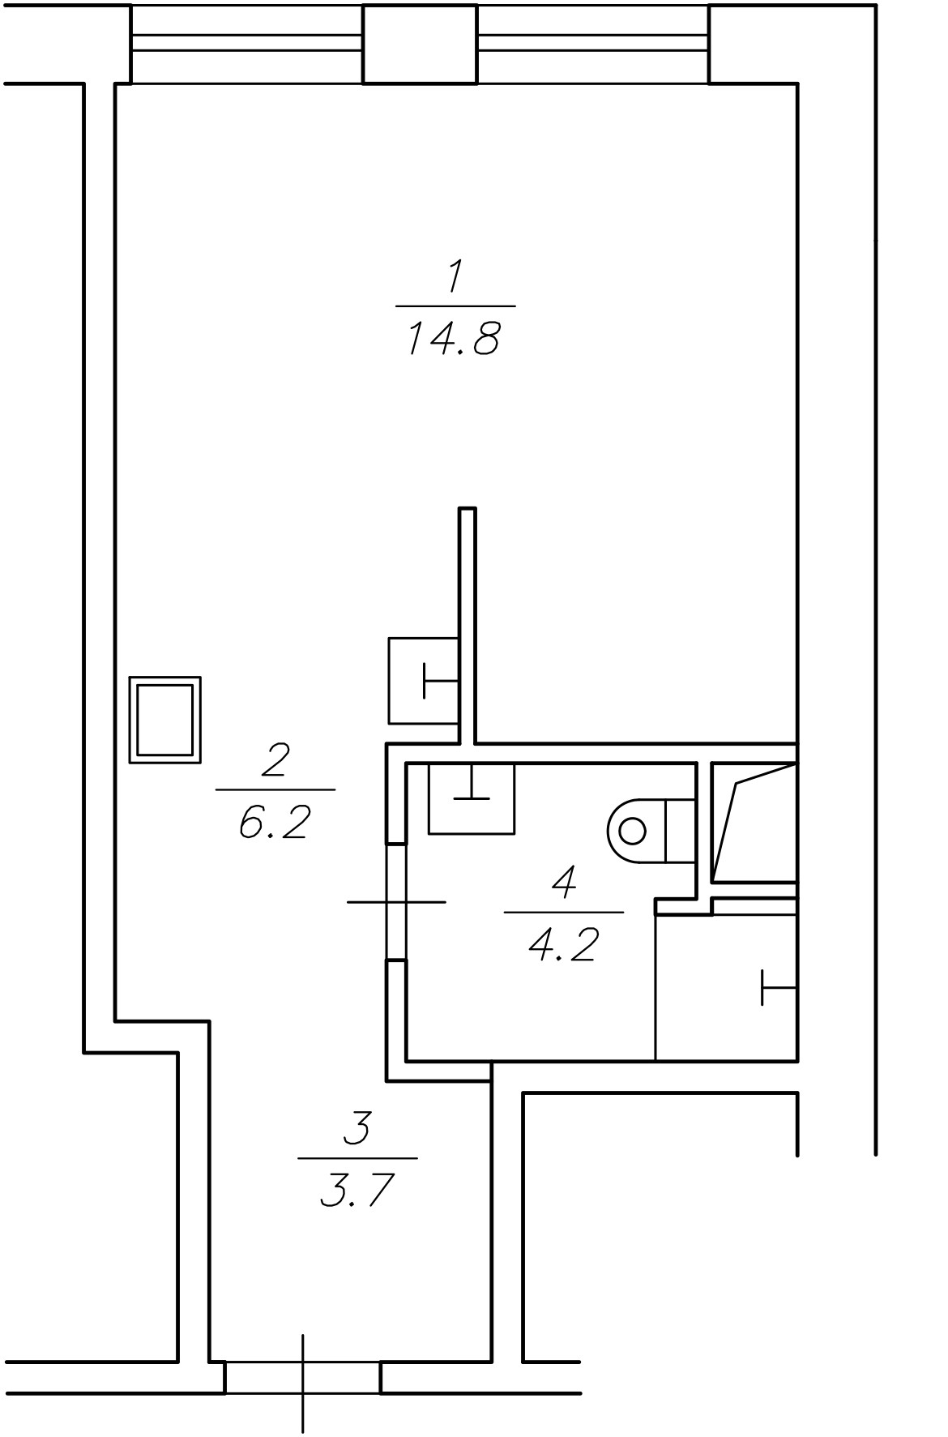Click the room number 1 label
[455, 278]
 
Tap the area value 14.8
[453, 339]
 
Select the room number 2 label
[275, 762]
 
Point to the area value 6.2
[275, 823]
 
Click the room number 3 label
[357, 1129]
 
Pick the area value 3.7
[357, 1191]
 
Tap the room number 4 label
[564, 883]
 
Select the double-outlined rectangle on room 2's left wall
[165, 720]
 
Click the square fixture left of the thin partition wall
[424, 681]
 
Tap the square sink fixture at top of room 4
[472, 798]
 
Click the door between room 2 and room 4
[395, 901]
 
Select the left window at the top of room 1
[246, 45]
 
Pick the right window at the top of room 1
[593, 45]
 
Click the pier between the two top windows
[420, 45]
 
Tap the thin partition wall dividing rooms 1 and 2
[468, 624]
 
